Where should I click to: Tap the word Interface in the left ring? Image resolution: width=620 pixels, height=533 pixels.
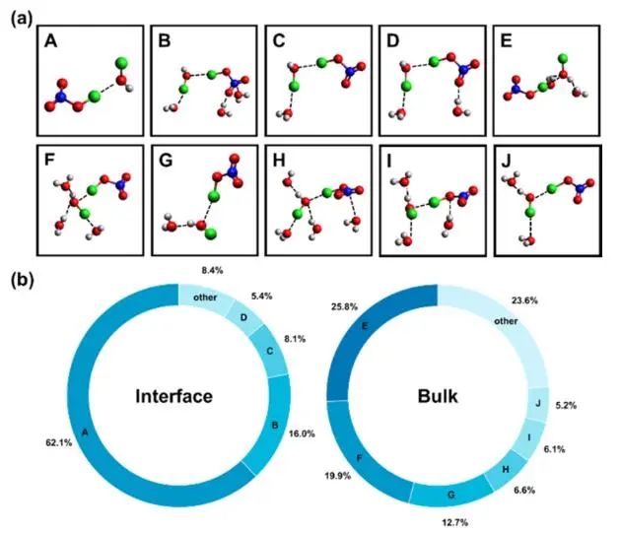[177, 398]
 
